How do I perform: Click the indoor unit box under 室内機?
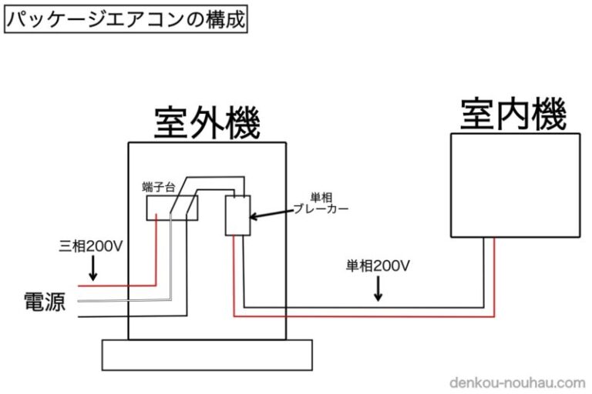pyautogui.click(x=514, y=185)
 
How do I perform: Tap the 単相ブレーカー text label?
pyautogui.click(x=322, y=202)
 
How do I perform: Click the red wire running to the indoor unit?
pyautogui.click(x=362, y=316)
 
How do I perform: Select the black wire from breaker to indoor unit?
pyautogui.click(x=362, y=307)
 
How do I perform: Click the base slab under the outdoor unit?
pyautogui.click(x=207, y=355)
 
